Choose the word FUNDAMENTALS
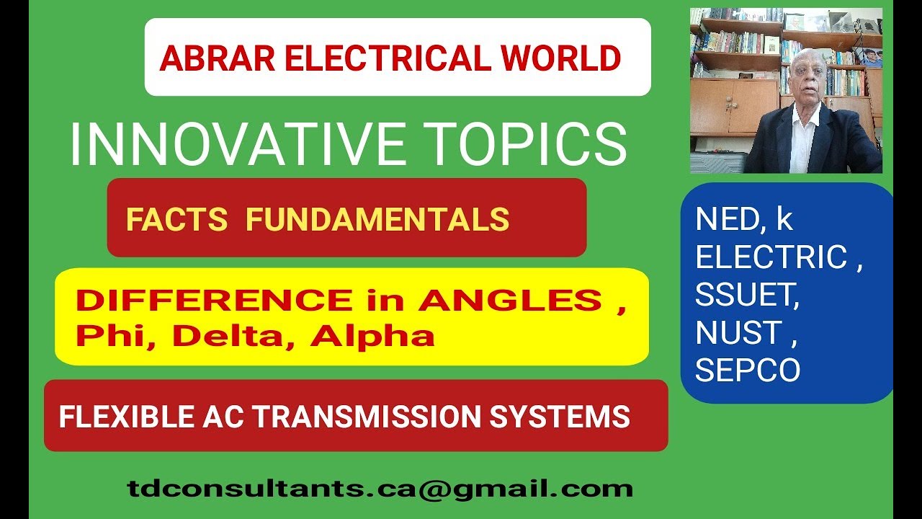377,219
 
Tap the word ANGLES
510,301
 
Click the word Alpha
372,336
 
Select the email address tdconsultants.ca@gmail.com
380,489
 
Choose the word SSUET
747,295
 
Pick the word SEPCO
748,370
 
